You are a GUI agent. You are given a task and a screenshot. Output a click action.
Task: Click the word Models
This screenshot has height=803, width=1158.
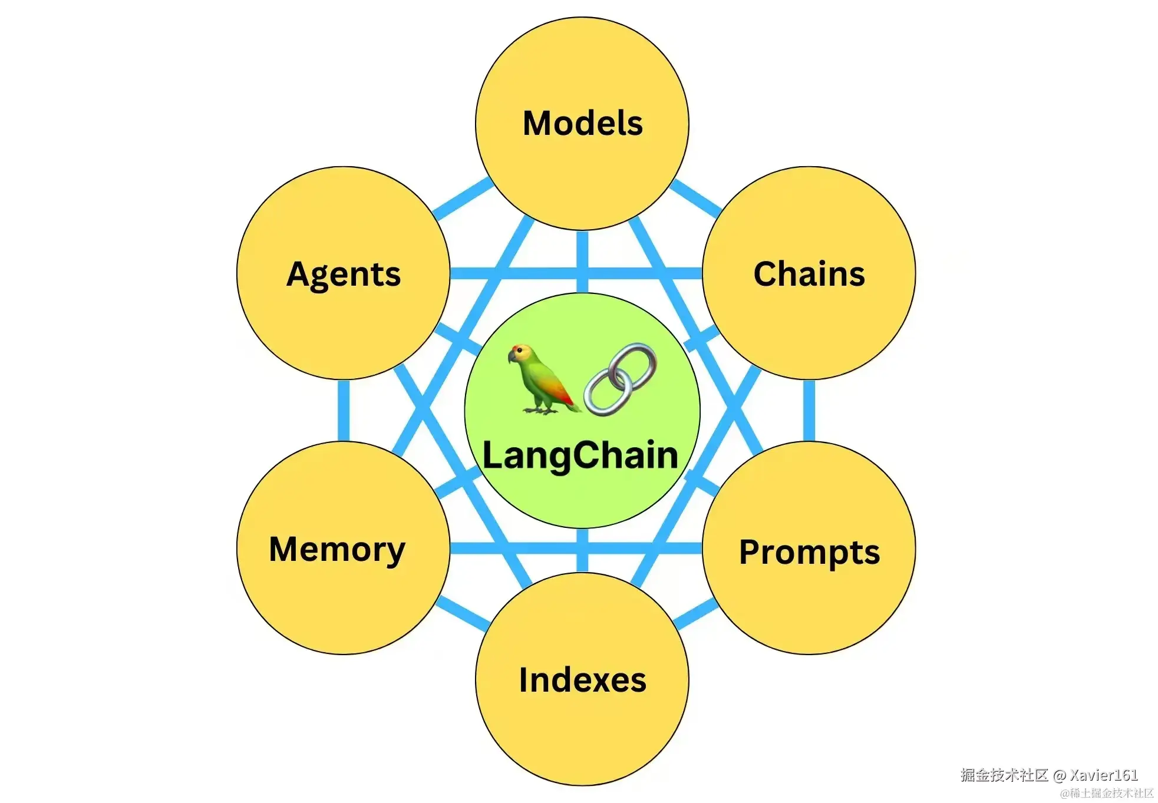click(582, 123)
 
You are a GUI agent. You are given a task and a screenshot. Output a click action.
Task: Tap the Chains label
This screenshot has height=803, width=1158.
click(809, 274)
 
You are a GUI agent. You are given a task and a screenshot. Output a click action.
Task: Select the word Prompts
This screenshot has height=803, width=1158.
click(809, 552)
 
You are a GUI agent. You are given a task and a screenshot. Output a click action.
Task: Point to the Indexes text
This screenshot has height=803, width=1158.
click(582, 680)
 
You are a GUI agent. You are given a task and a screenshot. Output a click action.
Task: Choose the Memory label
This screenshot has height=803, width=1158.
click(337, 550)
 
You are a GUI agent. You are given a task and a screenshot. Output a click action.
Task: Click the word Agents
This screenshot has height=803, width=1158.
click(344, 275)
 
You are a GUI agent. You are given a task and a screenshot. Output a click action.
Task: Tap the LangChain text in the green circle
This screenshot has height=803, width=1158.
click(580, 455)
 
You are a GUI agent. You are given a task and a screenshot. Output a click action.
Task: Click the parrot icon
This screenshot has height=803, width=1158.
click(542, 380)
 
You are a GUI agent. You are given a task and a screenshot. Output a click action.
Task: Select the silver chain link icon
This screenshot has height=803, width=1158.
click(621, 379)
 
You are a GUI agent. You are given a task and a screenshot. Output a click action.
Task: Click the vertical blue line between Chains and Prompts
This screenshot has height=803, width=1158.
click(809, 411)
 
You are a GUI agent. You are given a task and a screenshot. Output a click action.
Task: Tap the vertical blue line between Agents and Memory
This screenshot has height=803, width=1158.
click(344, 411)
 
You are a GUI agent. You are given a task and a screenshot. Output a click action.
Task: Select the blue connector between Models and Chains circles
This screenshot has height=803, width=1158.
click(696, 197)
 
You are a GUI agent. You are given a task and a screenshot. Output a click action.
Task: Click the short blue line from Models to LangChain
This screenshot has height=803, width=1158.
click(582, 262)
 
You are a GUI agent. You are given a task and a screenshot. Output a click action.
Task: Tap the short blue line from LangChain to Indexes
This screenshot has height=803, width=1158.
click(582, 550)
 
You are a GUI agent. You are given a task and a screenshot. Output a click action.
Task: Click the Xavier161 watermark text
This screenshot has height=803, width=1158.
click(1104, 775)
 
